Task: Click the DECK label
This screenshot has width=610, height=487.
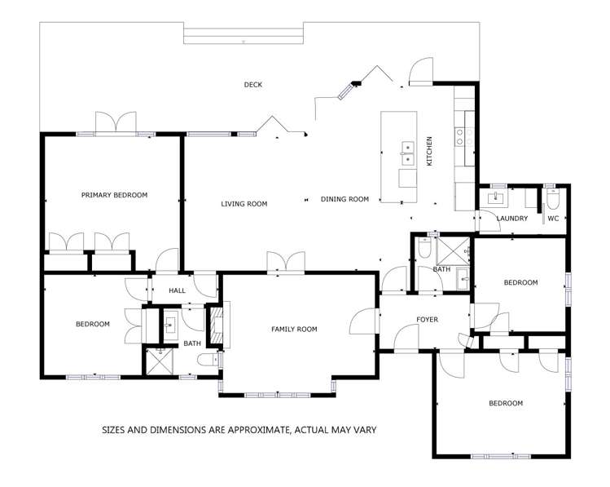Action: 252,85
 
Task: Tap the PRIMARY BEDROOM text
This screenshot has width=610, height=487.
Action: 114,195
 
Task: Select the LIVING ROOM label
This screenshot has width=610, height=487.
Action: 244,204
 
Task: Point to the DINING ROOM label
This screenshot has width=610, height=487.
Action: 344,199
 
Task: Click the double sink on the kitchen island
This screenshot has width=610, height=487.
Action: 406,148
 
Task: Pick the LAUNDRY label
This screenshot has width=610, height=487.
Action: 512,219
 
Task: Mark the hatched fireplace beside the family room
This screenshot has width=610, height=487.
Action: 216,324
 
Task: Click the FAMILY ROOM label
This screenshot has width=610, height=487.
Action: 294,330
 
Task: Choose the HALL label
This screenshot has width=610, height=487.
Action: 178,290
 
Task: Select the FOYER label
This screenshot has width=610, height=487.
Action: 428,320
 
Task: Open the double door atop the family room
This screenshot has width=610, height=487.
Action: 285,263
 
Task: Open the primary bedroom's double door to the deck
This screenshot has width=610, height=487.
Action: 115,123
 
